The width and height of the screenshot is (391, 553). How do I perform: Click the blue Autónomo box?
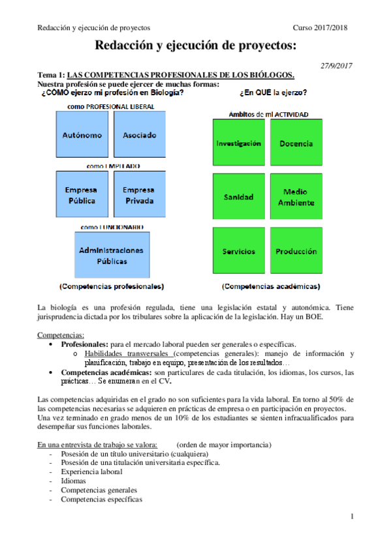82,135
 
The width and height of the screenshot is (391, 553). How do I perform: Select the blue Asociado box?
140,135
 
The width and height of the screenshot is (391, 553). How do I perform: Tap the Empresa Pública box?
82,195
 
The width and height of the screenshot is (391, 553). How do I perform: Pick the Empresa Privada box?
140,195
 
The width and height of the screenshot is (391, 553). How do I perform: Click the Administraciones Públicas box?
111,255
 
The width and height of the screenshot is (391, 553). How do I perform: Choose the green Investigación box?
239,143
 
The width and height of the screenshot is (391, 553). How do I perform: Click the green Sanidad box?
239,197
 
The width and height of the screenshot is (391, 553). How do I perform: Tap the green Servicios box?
239,251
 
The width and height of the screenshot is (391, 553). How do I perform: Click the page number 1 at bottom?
351,517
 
